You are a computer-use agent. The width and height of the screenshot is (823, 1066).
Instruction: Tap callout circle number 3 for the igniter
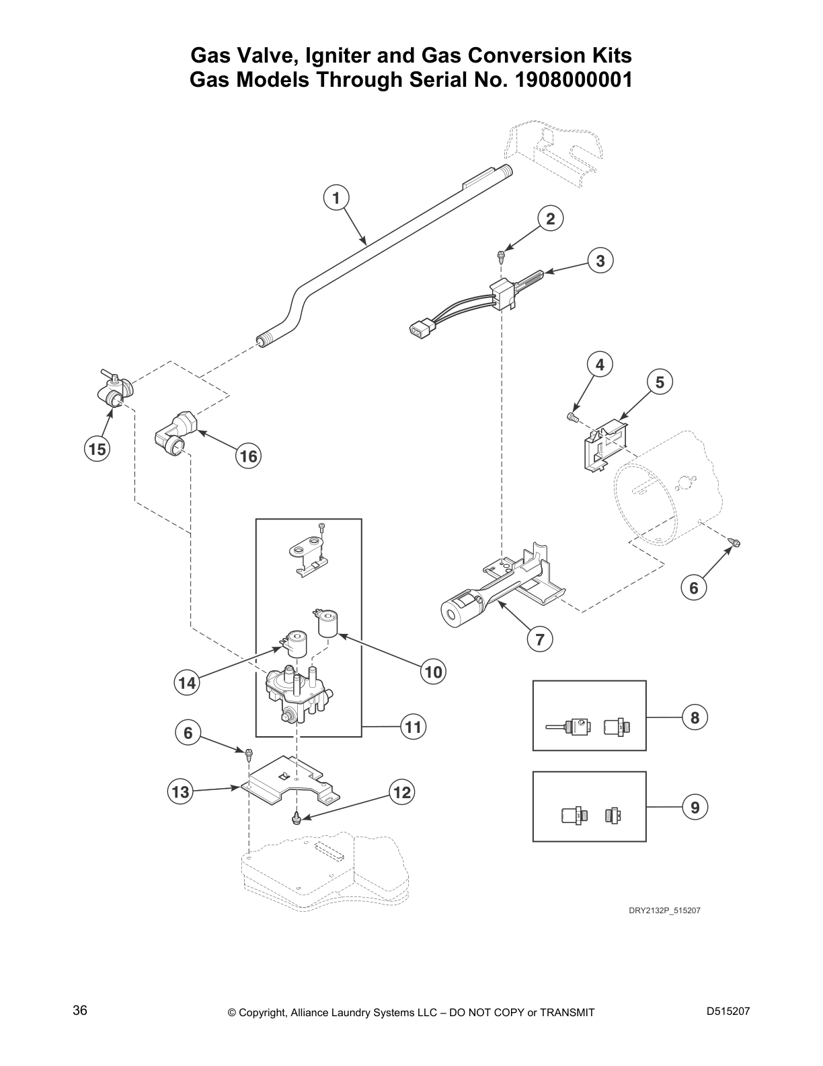pos(600,260)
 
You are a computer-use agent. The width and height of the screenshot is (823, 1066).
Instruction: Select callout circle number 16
pos(248,457)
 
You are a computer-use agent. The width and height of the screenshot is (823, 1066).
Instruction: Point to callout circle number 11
pos(413,727)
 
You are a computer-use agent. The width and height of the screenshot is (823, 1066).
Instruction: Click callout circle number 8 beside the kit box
pos(695,717)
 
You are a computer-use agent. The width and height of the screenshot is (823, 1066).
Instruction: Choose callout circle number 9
pos(695,806)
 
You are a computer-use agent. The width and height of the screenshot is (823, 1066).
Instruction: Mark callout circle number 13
pos(181,792)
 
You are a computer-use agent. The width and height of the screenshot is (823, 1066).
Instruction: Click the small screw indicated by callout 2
pos(500,254)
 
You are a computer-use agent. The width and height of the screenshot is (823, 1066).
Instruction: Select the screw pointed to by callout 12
pos(296,818)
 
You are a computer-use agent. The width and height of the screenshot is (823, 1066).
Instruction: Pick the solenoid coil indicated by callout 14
pos(295,643)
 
